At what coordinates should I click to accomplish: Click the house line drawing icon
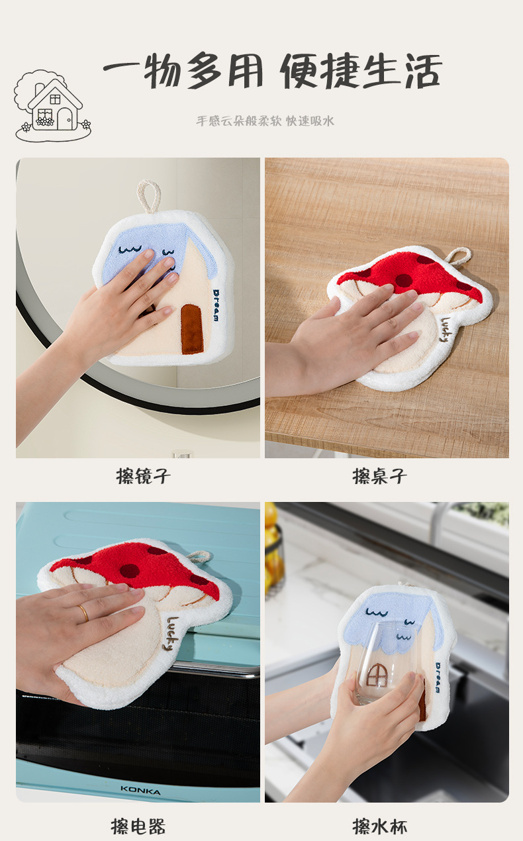52,105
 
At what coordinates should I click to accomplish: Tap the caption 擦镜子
144,476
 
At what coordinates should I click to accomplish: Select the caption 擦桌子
379,476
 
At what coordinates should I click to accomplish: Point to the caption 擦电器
138,826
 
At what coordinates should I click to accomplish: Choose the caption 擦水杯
379,826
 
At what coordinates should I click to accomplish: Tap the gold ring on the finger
83,613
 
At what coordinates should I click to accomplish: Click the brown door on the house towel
192,329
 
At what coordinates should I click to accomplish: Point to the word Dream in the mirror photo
216,305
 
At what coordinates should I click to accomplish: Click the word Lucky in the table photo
446,329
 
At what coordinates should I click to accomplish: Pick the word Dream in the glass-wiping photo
438,677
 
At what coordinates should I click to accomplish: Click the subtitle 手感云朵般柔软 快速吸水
265,121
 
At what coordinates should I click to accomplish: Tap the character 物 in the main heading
162,71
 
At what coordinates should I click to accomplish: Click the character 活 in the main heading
423,71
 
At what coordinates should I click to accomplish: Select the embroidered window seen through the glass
376,675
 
